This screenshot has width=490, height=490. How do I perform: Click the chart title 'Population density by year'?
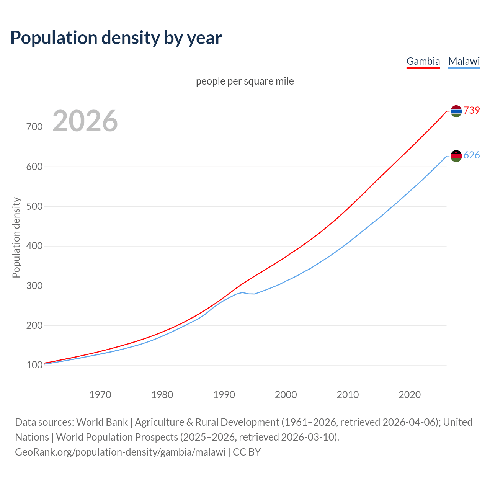click(x=116, y=38)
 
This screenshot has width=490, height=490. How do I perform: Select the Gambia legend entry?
click(x=423, y=61)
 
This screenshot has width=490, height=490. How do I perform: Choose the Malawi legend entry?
click(x=464, y=61)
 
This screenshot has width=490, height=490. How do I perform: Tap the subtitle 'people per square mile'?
click(x=245, y=82)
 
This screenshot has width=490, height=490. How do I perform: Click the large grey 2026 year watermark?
click(x=85, y=121)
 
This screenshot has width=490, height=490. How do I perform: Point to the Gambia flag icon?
click(x=456, y=111)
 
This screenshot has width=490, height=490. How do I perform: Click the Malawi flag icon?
click(x=456, y=156)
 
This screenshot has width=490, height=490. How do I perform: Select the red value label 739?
click(x=472, y=110)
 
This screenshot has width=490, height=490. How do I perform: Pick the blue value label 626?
click(x=472, y=155)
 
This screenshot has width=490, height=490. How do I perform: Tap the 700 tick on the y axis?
click(x=34, y=127)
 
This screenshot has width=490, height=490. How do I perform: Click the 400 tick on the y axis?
click(x=34, y=246)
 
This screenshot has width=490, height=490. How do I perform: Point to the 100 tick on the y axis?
click(x=34, y=365)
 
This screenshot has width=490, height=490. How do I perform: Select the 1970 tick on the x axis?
click(x=100, y=395)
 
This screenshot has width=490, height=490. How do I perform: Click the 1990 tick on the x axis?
click(x=224, y=395)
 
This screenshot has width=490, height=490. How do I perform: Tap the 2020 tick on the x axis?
click(x=410, y=395)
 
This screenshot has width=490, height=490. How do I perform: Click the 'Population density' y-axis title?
click(x=16, y=237)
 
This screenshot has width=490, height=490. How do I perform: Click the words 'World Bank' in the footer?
click(x=102, y=422)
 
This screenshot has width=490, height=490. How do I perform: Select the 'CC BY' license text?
click(x=247, y=452)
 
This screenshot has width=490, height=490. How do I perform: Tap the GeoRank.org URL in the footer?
click(x=120, y=452)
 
